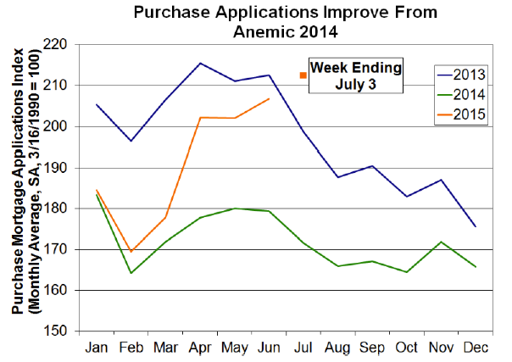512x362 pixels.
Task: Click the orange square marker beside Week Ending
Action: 302,75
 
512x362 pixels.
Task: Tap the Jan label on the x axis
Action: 97,348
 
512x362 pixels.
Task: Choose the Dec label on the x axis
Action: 473,348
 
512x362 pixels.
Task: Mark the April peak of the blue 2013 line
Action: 199,63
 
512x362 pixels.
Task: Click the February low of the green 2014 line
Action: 131,273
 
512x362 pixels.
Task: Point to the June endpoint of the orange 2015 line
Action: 268,98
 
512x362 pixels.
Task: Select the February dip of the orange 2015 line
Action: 131,252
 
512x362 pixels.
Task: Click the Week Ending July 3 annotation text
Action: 354,75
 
